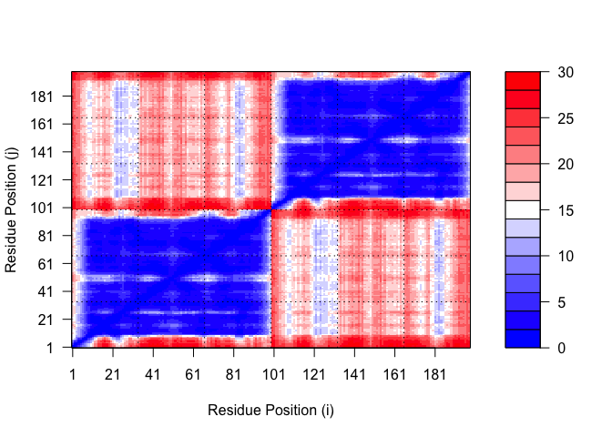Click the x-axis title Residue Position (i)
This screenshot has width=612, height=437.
click(x=271, y=410)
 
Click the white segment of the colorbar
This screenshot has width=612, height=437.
click(x=524, y=209)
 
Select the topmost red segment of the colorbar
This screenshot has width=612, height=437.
click(x=524, y=81)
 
